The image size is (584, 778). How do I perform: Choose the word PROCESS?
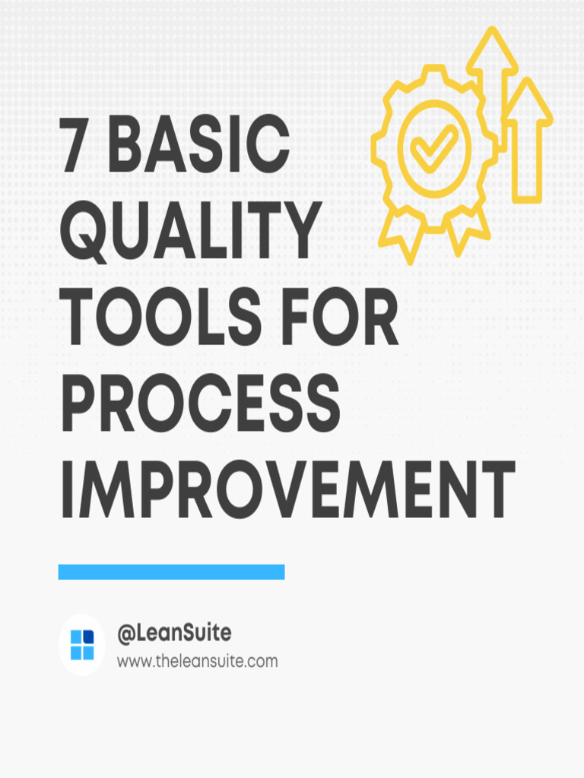pos(199,403)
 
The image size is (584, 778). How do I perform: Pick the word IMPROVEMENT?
pos(287,489)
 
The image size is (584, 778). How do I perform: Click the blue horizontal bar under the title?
pos(171,572)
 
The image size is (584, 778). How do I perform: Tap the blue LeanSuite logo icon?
pos(82,645)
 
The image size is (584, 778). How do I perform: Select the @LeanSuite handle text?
pos(174,633)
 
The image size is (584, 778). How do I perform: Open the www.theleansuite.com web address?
pos(197,662)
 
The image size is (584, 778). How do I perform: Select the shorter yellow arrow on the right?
pos(529,137)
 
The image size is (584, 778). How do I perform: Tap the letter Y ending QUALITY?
pos(300,232)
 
